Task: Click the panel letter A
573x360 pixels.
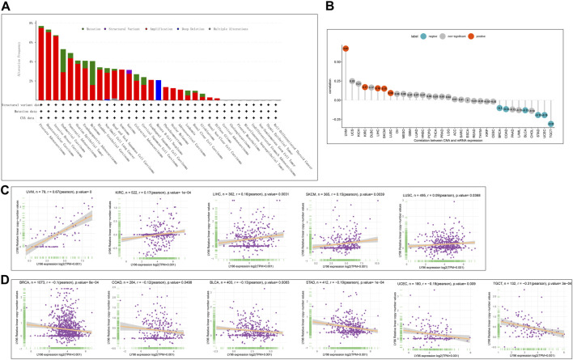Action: (6, 6)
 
